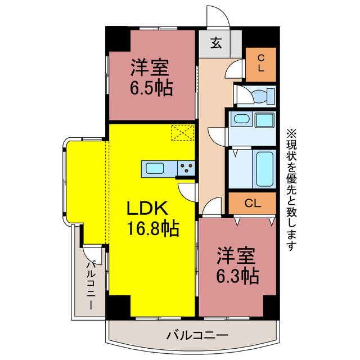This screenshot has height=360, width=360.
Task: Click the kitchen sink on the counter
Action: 155,168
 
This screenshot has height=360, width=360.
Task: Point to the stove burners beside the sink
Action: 185,168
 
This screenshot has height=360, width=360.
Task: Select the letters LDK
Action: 147,208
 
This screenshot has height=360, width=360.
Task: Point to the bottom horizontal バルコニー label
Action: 197,335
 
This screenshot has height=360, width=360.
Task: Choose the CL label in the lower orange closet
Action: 253,203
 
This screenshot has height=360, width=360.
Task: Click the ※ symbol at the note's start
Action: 291,134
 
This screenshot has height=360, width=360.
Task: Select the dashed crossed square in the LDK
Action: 182,133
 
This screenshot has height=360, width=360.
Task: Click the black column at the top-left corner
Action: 119,38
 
